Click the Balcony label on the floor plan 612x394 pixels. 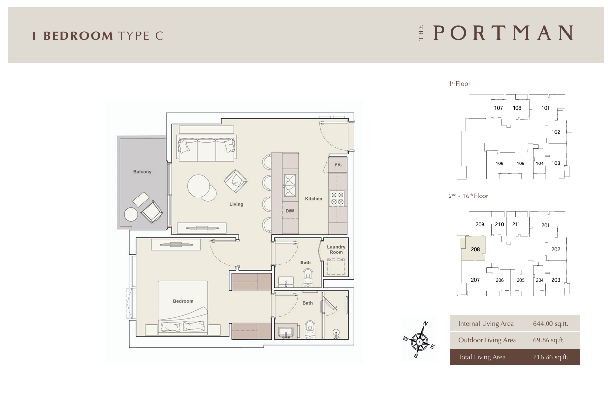(142, 172)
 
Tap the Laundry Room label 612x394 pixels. (336, 250)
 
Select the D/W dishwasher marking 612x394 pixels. (290, 211)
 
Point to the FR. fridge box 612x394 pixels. (338, 165)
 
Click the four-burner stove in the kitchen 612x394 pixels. (337, 198)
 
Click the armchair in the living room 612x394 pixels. (235, 181)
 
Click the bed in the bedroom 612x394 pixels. (183, 308)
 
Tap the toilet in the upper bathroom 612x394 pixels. (308, 278)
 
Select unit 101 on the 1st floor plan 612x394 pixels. (546, 108)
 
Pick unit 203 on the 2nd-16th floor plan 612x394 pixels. (556, 280)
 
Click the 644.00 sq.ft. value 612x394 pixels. (550, 324)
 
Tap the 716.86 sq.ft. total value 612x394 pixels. (550, 357)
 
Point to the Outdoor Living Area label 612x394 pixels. (487, 340)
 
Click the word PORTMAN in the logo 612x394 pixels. (503, 33)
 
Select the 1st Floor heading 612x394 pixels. (459, 84)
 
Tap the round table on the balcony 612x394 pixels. (131, 215)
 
